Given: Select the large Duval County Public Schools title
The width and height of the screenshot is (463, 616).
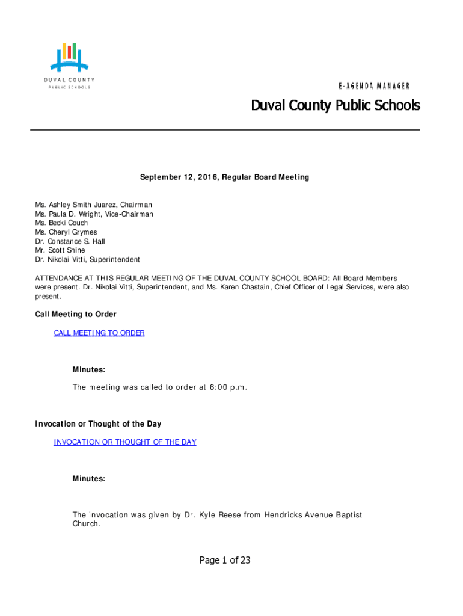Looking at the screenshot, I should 335,106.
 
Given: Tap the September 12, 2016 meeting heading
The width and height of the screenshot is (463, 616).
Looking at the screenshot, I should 224,177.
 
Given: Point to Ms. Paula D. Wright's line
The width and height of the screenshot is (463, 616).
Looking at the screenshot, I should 94,214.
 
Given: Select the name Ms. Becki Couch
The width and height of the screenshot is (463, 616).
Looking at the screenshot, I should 61,223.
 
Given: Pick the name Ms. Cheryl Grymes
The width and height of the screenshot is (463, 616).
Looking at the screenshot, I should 66,232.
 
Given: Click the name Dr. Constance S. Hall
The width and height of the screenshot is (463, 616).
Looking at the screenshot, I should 70,241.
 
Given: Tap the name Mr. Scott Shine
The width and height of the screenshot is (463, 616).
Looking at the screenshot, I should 60,250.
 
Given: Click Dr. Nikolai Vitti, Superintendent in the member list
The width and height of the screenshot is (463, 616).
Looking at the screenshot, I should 87,259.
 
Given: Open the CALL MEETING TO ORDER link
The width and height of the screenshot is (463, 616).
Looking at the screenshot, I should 99,333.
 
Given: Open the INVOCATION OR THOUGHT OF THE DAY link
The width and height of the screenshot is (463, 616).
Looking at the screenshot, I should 125,442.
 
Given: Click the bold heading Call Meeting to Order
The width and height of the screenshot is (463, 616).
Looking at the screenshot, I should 76,315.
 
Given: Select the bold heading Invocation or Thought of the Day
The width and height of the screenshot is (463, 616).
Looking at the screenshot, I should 98,424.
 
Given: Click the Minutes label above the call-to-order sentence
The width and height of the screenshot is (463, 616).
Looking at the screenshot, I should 89,369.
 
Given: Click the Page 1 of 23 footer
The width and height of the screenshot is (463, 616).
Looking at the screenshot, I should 225,561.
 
